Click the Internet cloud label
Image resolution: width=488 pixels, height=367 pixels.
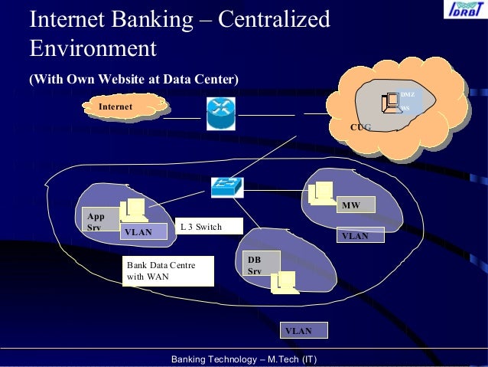tap(115, 106)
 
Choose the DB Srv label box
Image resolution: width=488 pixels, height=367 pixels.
tap(260, 265)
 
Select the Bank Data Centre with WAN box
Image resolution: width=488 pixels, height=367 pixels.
tap(168, 270)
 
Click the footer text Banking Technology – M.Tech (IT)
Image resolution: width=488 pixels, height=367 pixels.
tap(244, 359)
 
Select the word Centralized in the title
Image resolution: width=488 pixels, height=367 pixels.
tap(274, 19)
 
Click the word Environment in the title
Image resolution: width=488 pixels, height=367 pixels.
tap(93, 48)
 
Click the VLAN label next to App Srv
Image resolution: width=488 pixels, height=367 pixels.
tap(143, 231)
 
